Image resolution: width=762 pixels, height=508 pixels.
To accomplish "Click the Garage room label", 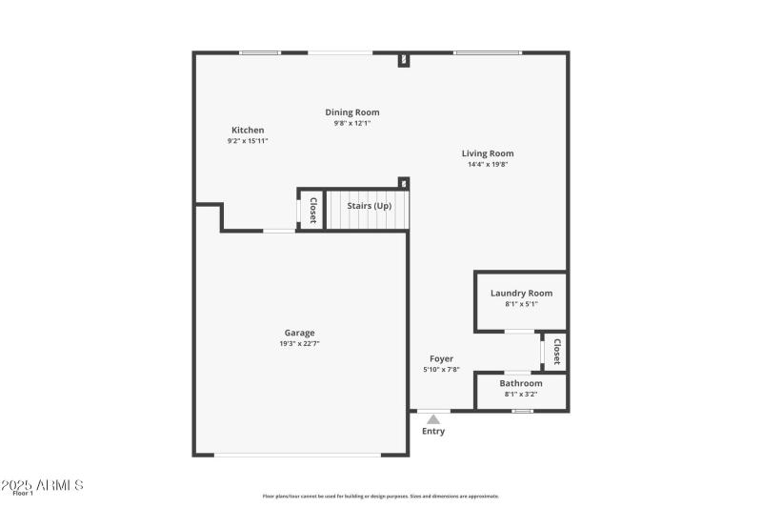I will click(299, 333).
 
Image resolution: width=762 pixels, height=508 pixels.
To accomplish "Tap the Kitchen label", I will click(248, 131).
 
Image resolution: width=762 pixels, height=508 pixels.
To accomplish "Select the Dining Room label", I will click(352, 112).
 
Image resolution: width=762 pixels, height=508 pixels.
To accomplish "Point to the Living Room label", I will click(488, 153).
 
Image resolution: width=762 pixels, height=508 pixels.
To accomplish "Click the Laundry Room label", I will click(521, 294).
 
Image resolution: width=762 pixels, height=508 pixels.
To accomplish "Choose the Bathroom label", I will click(521, 383).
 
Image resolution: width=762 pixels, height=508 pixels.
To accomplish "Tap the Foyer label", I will click(441, 359).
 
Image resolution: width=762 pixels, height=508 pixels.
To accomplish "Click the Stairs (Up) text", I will click(369, 206).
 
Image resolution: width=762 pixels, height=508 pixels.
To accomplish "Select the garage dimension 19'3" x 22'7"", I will click(299, 344).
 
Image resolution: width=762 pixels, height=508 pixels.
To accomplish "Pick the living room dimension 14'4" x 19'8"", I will click(488, 164).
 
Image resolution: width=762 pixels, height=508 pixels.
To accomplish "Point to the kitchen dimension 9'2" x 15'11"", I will click(248, 141).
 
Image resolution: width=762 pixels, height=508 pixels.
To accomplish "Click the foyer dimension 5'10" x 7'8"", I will click(441, 370).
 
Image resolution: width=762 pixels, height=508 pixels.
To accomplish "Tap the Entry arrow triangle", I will click(433, 418).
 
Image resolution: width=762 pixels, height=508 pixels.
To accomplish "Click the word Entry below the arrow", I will click(433, 431).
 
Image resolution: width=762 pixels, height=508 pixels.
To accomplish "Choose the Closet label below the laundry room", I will click(557, 352).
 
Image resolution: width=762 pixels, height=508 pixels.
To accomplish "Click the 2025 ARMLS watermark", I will click(42, 485).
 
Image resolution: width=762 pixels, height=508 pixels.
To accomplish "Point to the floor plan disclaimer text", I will click(381, 496).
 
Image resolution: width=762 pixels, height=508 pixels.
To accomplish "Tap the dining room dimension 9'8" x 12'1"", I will click(352, 123).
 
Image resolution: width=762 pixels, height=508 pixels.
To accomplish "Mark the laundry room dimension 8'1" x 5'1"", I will click(521, 304).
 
